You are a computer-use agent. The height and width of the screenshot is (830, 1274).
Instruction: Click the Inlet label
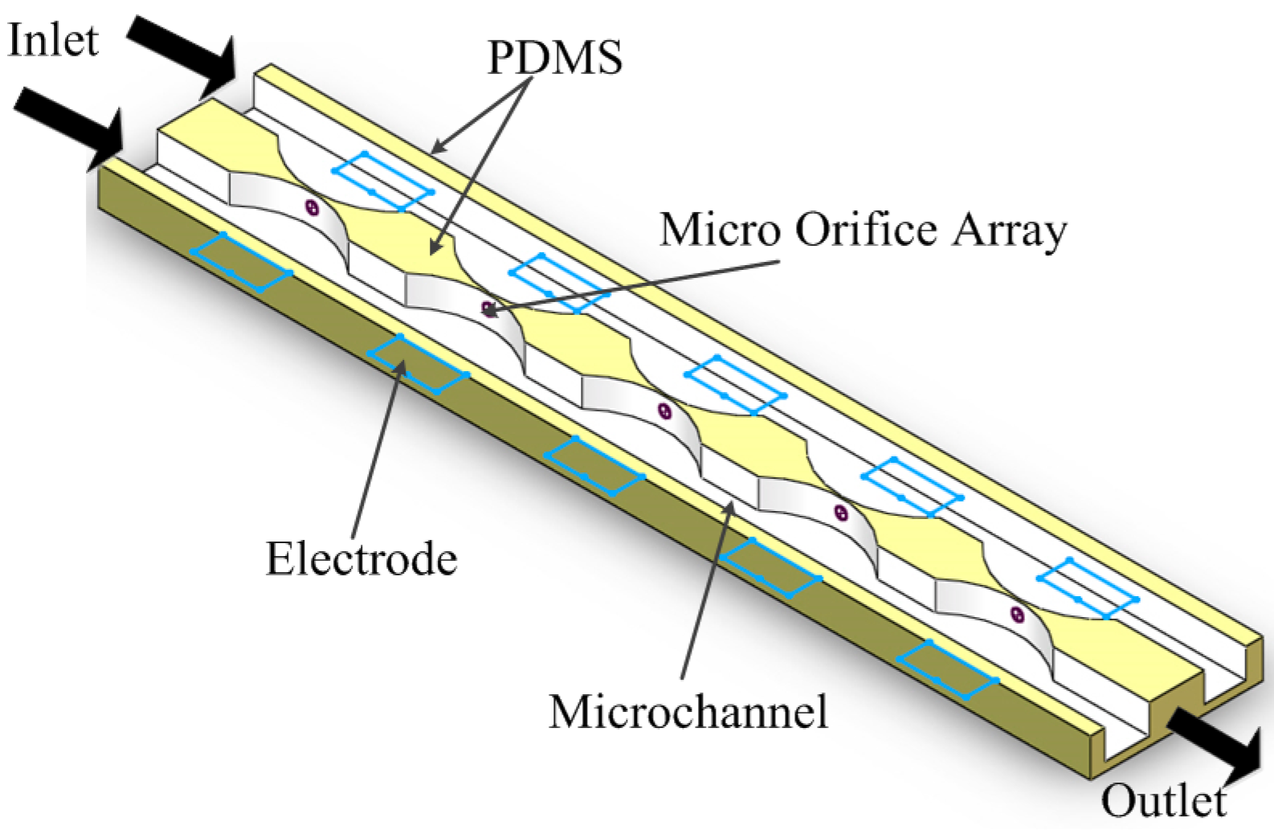[x=53, y=40]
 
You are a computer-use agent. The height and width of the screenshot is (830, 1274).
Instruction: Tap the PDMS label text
[x=554, y=57]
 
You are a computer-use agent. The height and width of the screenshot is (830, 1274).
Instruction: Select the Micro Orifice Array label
[x=863, y=231]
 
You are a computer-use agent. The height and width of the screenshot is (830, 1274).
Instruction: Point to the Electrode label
[x=361, y=558]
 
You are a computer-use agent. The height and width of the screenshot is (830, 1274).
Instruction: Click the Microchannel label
[x=688, y=711]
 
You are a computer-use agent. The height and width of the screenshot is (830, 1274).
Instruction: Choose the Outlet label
[x=1163, y=800]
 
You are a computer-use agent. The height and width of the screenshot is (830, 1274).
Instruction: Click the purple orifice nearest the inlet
[x=312, y=208]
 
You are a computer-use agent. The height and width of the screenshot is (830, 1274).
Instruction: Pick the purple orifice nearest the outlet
[x=1017, y=615]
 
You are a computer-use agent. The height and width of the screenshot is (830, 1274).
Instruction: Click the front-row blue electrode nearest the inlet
[x=240, y=262]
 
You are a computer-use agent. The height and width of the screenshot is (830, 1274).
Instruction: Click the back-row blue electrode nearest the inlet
[x=383, y=181]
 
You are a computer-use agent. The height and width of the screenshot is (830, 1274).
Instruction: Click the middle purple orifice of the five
[x=664, y=411]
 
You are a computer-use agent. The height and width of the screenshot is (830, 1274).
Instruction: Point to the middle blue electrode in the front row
[x=594, y=467]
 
